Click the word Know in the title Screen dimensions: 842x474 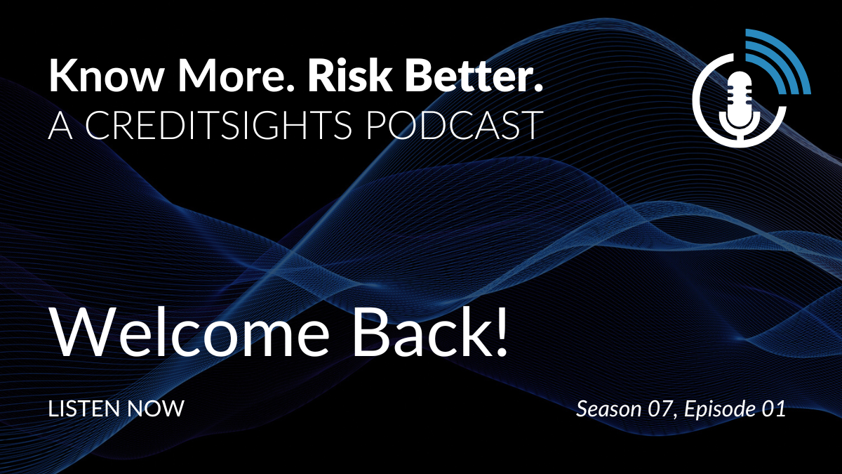pyautogui.click(x=106, y=75)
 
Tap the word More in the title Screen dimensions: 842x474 pyautogui.click(x=236, y=75)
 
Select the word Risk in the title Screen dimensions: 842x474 pyautogui.click(x=350, y=74)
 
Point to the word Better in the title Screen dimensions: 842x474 pyautogui.click(x=469, y=74)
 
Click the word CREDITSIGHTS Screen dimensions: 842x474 pyautogui.click(x=218, y=124)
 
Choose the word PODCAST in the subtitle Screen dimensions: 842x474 pyautogui.click(x=455, y=124)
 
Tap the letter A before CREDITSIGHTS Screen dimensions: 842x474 pyautogui.click(x=60, y=124)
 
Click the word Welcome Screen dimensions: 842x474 pyautogui.click(x=191, y=331)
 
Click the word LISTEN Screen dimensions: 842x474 pyautogui.click(x=85, y=409)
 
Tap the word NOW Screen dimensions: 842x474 pyautogui.click(x=156, y=409)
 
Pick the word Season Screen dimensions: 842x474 pyautogui.click(x=609, y=409)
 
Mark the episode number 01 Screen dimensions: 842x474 pyautogui.click(x=773, y=409)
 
